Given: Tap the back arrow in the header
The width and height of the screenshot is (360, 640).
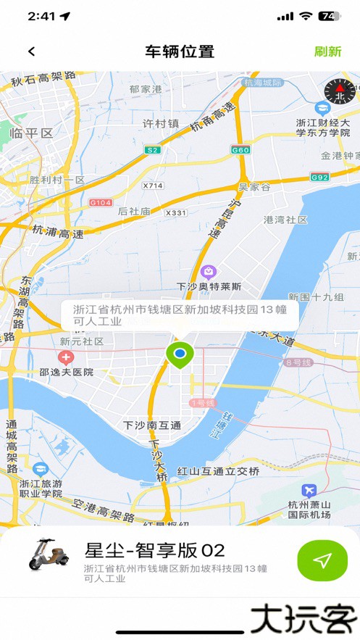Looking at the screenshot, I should [31, 51].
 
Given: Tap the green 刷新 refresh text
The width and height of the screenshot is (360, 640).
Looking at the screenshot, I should [327, 51].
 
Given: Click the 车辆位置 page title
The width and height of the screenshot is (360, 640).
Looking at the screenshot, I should [180, 51].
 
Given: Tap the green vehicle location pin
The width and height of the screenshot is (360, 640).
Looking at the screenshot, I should [180, 354].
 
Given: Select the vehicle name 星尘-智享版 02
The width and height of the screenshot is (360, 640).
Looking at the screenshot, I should [155, 550].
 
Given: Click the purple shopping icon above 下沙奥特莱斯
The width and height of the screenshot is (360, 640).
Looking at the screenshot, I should [209, 272].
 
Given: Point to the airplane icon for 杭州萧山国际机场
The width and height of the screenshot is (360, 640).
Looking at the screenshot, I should [310, 490].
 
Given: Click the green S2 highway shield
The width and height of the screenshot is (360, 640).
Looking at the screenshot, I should [152, 150].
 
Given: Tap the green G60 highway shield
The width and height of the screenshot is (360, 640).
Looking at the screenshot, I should [240, 150].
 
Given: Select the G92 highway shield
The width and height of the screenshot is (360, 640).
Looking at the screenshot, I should [319, 177].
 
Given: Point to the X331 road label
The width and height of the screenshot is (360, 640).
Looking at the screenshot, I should [176, 212].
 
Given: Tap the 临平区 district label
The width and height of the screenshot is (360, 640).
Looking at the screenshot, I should [31, 133].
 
